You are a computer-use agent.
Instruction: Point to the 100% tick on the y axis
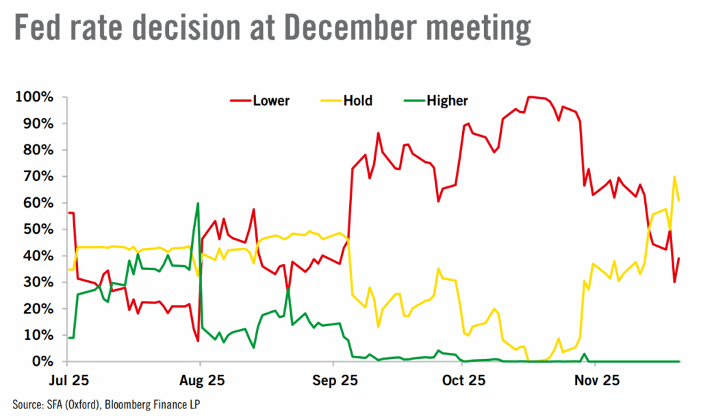click(x=34, y=97)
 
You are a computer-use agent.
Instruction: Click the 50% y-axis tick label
click(x=38, y=230)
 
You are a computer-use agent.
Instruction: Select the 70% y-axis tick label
click(x=38, y=177)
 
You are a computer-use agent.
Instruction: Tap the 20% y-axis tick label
click(x=38, y=309)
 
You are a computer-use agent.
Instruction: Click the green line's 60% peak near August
click(x=198, y=204)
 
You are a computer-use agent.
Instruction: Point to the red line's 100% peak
click(x=530, y=97)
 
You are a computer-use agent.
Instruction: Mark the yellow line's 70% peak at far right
click(x=675, y=177)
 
